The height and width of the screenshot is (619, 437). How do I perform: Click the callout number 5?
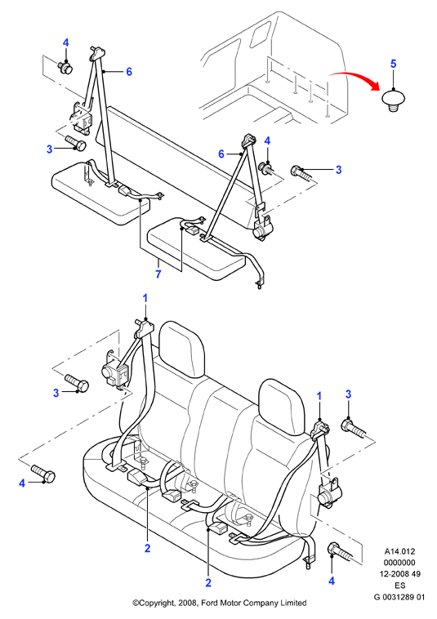point(393,64)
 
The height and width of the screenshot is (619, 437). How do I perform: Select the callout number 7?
point(158,274)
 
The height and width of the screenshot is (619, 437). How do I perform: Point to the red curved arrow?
point(355,79)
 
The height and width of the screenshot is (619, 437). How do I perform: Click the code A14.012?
point(400,551)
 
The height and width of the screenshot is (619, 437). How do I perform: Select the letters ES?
point(400,586)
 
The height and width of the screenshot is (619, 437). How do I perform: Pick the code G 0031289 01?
point(399,597)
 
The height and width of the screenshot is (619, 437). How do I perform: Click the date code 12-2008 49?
point(400,574)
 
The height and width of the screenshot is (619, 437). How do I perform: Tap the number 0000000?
point(399,563)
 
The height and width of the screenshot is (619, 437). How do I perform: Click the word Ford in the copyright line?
point(209,603)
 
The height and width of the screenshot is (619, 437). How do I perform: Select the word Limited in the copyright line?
point(293,603)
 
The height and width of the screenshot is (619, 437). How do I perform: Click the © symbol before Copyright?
point(136,603)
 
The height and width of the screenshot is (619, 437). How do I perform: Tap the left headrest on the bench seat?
point(182,349)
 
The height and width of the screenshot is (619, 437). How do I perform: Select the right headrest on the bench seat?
point(283,407)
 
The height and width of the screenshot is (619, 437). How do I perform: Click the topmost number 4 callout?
point(65,42)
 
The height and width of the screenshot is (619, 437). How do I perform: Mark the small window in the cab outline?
point(259,33)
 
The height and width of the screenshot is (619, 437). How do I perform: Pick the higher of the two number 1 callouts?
point(145,298)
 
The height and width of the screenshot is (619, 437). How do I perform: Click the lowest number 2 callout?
point(208,582)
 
